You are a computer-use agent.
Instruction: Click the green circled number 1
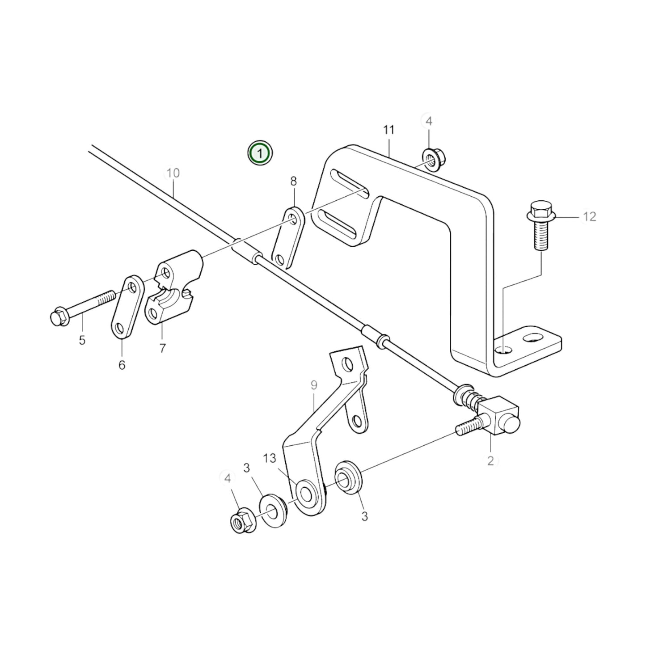tap(260, 153)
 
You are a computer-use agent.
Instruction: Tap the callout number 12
tap(590, 217)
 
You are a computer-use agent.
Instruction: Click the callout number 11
tap(388, 130)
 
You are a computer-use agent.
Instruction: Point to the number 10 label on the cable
tap(173, 173)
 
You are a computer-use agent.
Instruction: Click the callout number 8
tap(293, 182)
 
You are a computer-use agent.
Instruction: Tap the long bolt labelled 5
tap(85, 308)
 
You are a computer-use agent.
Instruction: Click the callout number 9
tap(313, 384)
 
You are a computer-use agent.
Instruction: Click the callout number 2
tap(490, 461)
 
